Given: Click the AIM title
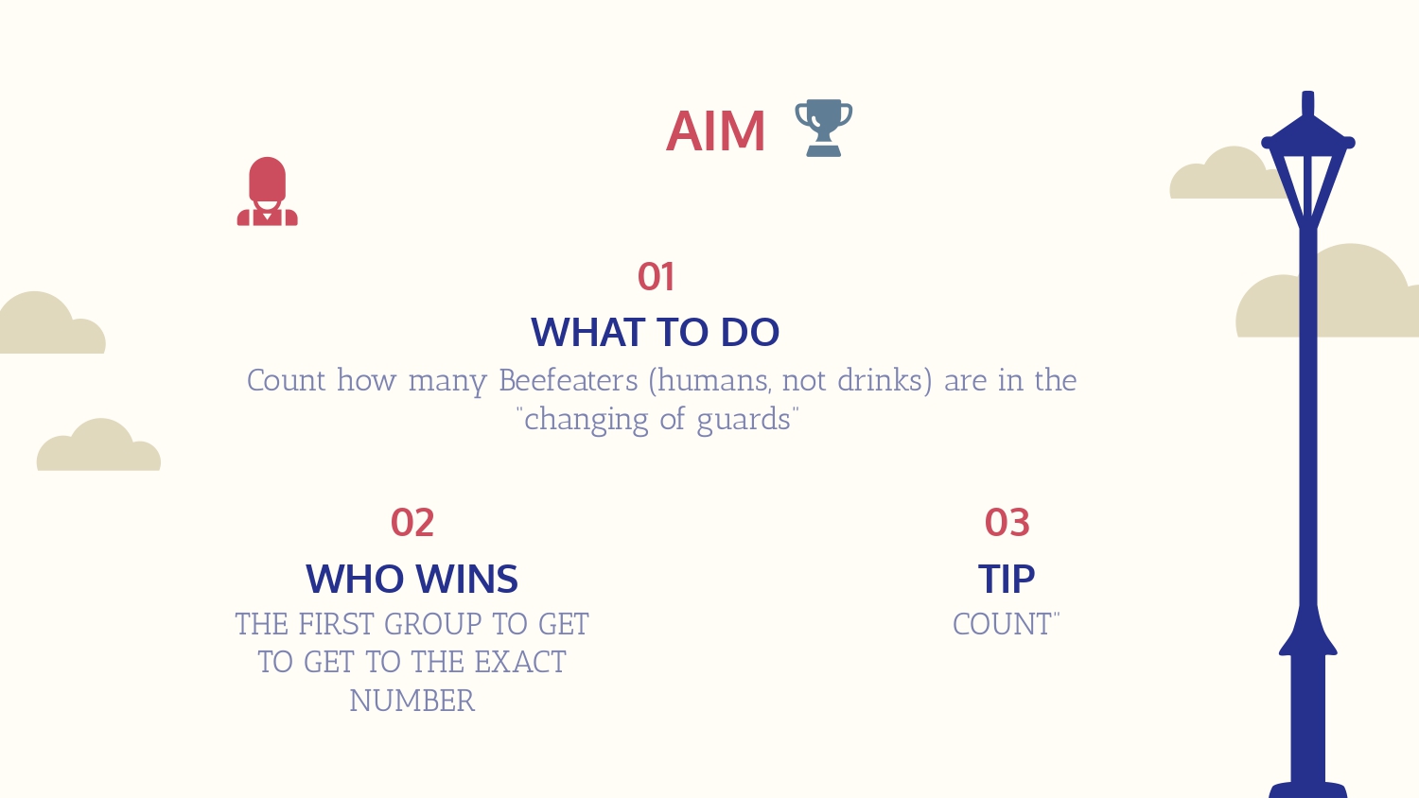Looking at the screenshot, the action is point(715,131).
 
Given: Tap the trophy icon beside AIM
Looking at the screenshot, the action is point(824,128).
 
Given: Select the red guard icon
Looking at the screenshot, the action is point(268,191).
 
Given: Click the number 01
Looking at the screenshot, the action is point(656,277).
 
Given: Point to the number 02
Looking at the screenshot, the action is point(412,523).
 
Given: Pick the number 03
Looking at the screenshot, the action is point(1007,523).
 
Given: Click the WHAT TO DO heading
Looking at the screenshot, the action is point(655,332).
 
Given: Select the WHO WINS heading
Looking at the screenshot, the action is point(412,579).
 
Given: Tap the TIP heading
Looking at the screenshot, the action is point(1007,579).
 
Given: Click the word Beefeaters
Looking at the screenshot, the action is point(569,381).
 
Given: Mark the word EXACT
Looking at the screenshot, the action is point(520,663).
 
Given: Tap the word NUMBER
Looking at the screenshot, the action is point(412,702).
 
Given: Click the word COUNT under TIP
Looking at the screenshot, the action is point(1002,624).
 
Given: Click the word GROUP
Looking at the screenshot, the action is point(432,624).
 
